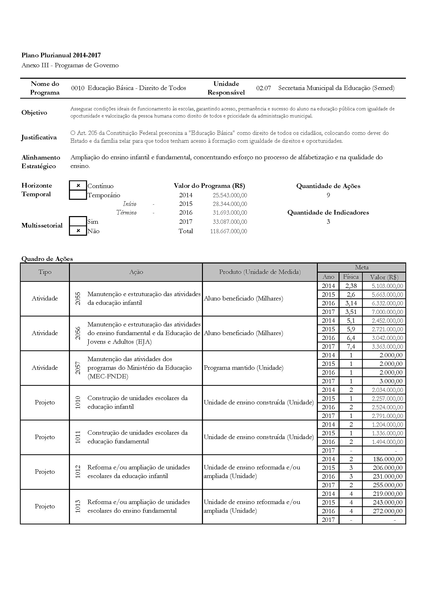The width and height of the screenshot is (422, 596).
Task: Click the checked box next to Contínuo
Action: click(78, 186)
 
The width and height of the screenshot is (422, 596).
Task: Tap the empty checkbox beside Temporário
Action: click(78, 195)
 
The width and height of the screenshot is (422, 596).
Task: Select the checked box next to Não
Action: click(78, 231)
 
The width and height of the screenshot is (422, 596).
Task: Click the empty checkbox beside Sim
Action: click(78, 221)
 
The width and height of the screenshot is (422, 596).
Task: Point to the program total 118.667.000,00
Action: click(228, 231)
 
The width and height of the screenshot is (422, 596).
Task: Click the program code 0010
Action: click(78, 88)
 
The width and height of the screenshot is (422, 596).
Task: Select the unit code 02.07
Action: click(263, 88)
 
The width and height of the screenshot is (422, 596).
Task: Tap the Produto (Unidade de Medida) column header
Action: click(260, 272)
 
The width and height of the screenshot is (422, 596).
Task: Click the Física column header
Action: click(351, 277)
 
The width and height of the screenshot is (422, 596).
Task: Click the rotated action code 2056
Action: click(78, 333)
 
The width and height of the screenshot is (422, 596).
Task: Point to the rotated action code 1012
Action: click(78, 472)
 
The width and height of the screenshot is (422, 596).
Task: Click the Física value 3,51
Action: click(351, 312)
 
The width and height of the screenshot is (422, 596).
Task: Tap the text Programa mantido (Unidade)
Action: click(243, 368)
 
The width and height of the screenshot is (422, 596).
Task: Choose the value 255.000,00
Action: click(388, 485)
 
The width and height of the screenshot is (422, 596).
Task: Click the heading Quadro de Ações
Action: click(47, 259)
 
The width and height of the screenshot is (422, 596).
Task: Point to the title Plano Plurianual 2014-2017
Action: click(61, 55)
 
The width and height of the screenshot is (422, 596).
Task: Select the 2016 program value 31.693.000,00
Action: click(230, 213)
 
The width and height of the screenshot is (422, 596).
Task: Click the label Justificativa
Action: click(39, 137)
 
